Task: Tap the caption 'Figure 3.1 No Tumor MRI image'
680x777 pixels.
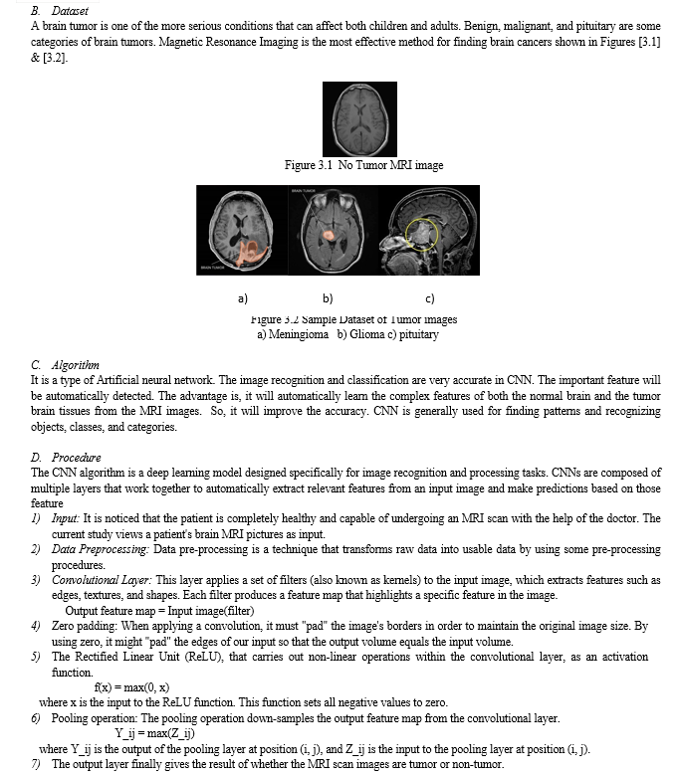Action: pyautogui.click(x=363, y=164)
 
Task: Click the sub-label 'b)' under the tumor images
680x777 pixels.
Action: pyautogui.click(x=328, y=296)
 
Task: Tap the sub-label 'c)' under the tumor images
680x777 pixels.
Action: pyautogui.click(x=429, y=296)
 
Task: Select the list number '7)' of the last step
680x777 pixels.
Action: pyautogui.click(x=37, y=764)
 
